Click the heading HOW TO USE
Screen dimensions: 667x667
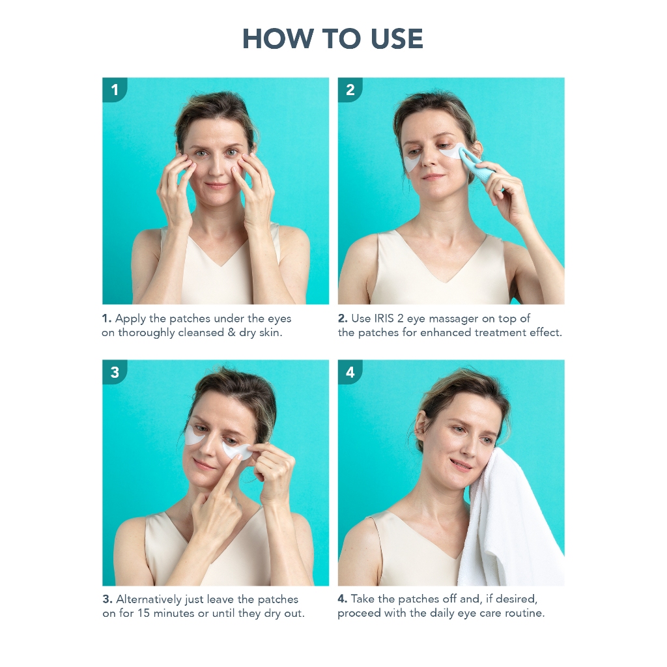pyautogui.click(x=333, y=38)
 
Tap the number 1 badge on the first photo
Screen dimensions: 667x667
pyautogui.click(x=115, y=90)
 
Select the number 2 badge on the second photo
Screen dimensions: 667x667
pyautogui.click(x=350, y=90)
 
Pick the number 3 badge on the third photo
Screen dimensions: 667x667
pyautogui.click(x=115, y=372)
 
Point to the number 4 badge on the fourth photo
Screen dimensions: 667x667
pyautogui.click(x=350, y=372)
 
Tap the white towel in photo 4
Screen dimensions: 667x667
pyautogui.click(x=511, y=523)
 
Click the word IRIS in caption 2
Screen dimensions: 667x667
pyautogui.click(x=384, y=318)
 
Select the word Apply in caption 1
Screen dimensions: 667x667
pyautogui.click(x=130, y=319)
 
